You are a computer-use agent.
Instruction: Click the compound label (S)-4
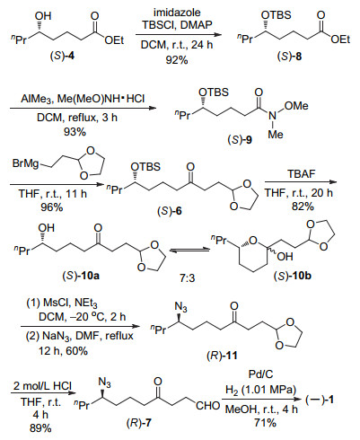(62, 56)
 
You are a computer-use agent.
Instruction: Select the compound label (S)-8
(289, 57)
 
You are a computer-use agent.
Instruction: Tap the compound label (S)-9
(240, 139)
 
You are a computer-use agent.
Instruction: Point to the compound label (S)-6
(170, 211)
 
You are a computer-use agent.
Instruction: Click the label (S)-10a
(81, 276)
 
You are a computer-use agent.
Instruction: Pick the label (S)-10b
(293, 276)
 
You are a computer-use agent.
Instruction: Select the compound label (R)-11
(222, 356)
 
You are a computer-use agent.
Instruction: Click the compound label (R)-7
(139, 424)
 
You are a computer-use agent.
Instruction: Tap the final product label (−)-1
(320, 400)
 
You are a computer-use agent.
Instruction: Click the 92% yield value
(177, 60)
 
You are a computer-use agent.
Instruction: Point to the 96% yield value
(52, 207)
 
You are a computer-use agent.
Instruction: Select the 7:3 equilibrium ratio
(187, 278)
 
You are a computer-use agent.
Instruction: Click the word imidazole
(177, 13)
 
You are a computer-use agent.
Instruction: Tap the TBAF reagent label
(302, 174)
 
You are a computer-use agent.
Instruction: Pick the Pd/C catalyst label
(261, 374)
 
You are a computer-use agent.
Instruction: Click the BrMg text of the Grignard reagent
(26, 163)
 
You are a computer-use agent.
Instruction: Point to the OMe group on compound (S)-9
(296, 106)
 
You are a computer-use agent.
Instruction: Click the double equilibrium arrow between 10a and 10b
(189, 250)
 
